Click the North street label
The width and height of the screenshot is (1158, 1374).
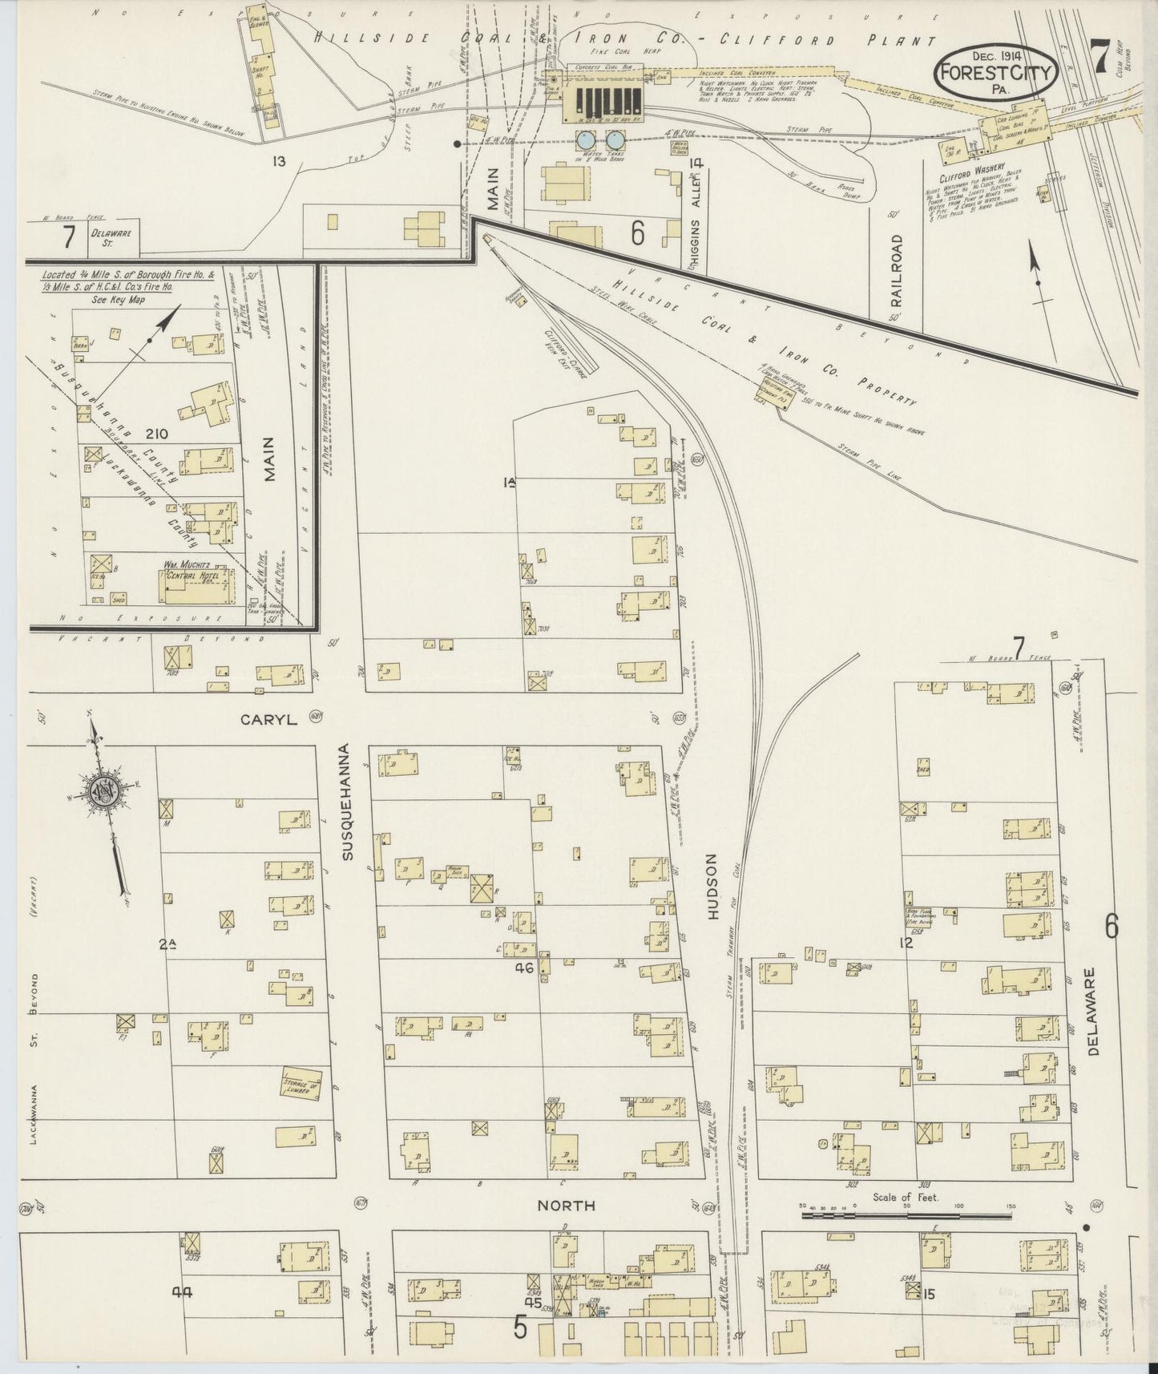[566, 1205]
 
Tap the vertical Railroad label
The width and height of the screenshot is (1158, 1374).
[896, 270]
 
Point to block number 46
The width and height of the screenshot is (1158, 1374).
[524, 968]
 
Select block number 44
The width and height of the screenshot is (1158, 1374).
[184, 1291]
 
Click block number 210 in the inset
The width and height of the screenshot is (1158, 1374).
[156, 434]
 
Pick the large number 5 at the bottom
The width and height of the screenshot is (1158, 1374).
[521, 1328]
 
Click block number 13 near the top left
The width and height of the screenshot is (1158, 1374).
[278, 162]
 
